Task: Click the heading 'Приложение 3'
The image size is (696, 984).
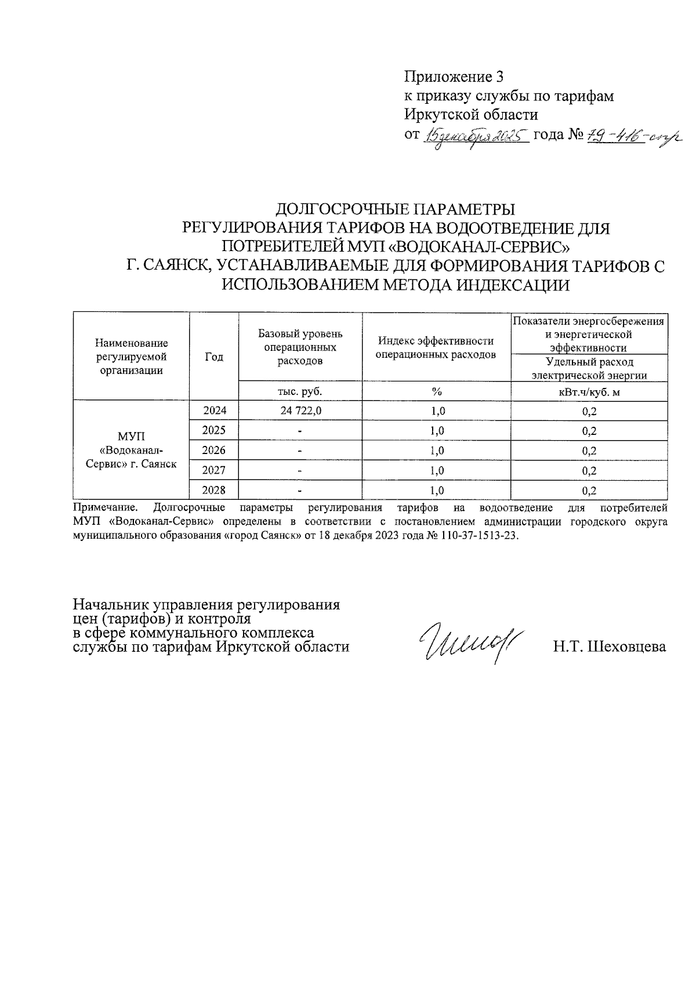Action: tap(454, 77)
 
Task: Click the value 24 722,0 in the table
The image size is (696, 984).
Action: tap(300, 411)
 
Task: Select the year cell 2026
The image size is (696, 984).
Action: tap(214, 450)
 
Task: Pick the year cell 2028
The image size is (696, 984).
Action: tap(214, 490)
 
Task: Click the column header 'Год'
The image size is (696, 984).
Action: tap(214, 357)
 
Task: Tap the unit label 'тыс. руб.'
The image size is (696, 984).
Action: tap(300, 391)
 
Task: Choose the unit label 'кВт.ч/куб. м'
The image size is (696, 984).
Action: tap(589, 392)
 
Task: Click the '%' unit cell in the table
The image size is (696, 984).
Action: tap(436, 391)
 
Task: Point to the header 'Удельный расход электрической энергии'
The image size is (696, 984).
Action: tap(589, 369)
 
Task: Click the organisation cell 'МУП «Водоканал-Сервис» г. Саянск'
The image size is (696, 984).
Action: tap(132, 450)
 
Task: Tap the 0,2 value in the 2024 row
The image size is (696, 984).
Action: tap(589, 412)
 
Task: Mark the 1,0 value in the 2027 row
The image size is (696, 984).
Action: tap(436, 470)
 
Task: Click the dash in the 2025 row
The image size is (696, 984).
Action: tap(300, 431)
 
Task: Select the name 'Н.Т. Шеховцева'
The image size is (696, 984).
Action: tap(610, 647)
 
